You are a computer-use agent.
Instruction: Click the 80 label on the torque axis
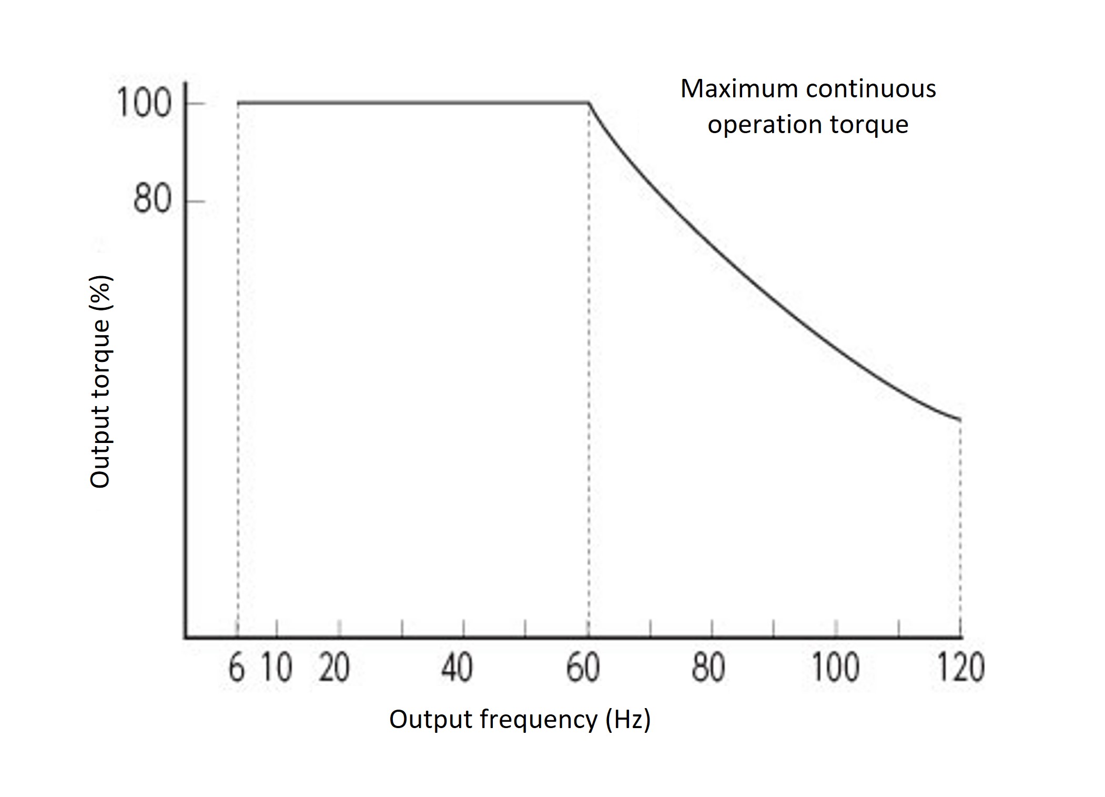(x=152, y=200)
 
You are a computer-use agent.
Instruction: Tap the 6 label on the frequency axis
(x=236, y=668)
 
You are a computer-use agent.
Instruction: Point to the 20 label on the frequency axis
(x=334, y=668)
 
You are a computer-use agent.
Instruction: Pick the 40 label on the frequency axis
(x=457, y=668)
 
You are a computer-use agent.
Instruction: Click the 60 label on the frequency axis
(x=583, y=668)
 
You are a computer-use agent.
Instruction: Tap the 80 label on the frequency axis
(x=708, y=668)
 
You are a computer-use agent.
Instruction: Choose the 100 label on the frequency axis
(x=836, y=668)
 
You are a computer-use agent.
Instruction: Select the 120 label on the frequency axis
(x=961, y=668)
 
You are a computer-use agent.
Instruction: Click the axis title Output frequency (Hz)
(x=520, y=719)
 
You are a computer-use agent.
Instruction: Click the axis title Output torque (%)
(x=100, y=382)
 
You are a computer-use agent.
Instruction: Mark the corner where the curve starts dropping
(x=588, y=103)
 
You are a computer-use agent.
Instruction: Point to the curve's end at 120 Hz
(x=960, y=419)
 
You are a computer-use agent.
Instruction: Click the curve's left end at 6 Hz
(x=238, y=103)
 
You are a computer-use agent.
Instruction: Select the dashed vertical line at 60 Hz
(x=589, y=368)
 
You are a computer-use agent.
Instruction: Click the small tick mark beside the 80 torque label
(x=196, y=201)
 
